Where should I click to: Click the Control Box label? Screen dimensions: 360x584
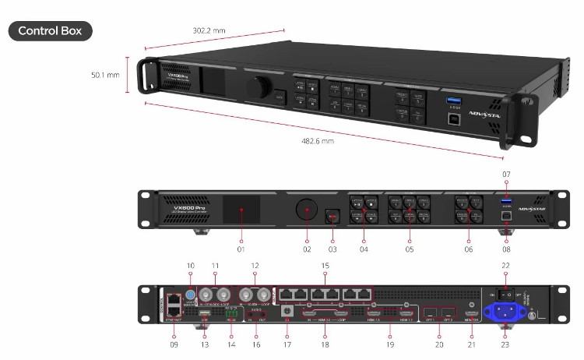pyautogui.click(x=50, y=31)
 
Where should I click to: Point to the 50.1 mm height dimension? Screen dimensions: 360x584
pyautogui.click(x=105, y=75)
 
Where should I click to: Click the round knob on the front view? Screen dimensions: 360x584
pyautogui.click(x=306, y=211)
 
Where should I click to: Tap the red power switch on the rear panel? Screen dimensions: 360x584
pyautogui.click(x=507, y=295)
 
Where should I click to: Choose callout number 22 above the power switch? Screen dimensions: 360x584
pyautogui.click(x=506, y=267)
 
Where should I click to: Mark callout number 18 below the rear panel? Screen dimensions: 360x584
pyautogui.click(x=325, y=344)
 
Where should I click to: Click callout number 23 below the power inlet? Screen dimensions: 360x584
pyautogui.click(x=506, y=344)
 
